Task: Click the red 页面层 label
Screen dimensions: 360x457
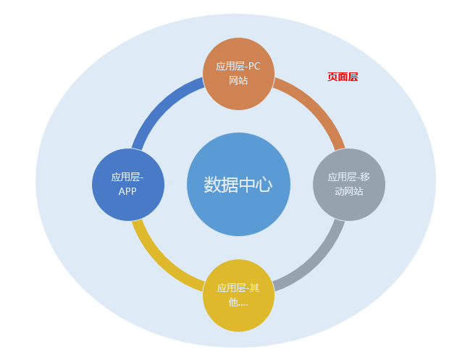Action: [x=343, y=77]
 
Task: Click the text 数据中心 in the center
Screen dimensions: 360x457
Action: [x=238, y=185]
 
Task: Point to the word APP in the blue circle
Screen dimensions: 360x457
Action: [x=128, y=192]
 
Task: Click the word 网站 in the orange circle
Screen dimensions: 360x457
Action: [x=238, y=80]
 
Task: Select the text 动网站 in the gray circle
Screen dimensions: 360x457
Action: [x=349, y=192]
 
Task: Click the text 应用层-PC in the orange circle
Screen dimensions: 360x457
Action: [x=238, y=66]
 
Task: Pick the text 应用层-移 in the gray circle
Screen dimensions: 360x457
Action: [x=349, y=177]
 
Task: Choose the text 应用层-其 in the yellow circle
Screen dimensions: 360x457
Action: [x=238, y=288]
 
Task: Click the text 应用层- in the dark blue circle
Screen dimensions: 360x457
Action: [x=128, y=177]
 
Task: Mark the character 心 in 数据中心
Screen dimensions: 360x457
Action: [x=264, y=185]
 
